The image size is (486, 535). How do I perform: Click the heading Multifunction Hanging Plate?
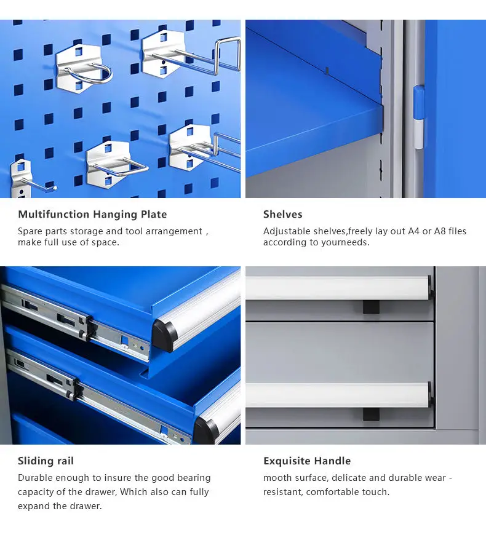pos(92,214)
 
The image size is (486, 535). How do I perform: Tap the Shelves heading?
pos(282,214)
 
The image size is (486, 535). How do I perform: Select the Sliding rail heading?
pos(46,461)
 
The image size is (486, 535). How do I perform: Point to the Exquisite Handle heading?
pos(306,461)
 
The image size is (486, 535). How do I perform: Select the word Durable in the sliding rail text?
pos(36,478)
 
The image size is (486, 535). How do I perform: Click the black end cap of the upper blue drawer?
pos(165,334)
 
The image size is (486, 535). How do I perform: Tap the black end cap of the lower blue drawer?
pos(205,430)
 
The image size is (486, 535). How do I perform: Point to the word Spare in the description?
pos(30,231)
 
